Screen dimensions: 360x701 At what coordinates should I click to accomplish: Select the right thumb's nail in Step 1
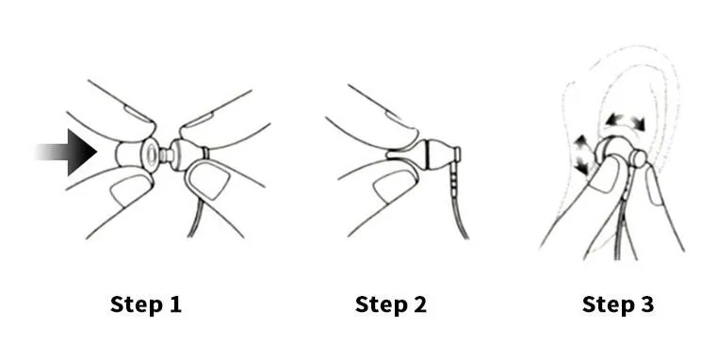click(x=210, y=179)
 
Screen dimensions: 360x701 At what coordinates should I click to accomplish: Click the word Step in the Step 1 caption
click(x=135, y=304)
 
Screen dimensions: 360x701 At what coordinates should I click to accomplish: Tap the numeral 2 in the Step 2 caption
click(x=418, y=304)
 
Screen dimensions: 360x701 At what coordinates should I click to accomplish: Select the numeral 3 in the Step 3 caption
click(x=645, y=304)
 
